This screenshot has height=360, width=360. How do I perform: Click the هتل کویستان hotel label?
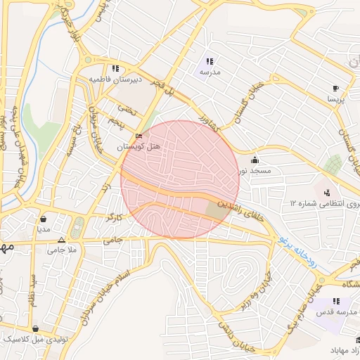point(139,146)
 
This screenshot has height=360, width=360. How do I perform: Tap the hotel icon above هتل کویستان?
point(139,136)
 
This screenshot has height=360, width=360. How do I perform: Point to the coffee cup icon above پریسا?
point(335,89)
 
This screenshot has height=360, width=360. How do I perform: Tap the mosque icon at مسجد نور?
point(254,160)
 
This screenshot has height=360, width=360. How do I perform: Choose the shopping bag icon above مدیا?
point(44,219)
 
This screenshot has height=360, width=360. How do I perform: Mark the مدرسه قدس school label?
point(337,311)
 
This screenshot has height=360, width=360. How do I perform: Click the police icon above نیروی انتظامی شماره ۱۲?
point(326,193)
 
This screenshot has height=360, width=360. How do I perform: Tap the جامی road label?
point(112,240)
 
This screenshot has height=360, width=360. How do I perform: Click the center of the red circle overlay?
point(180,180)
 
